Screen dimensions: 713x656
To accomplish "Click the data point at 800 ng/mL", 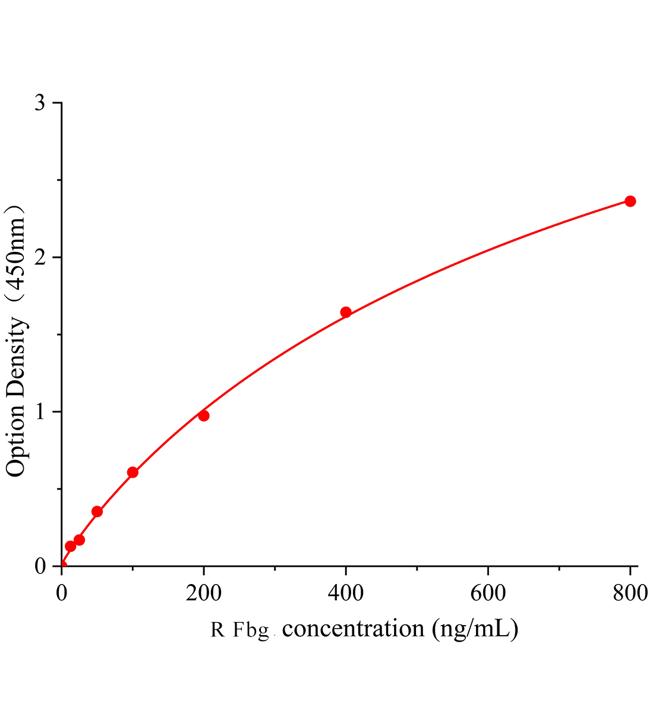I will click(x=630, y=201).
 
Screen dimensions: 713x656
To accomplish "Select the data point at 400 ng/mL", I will click(x=346, y=313).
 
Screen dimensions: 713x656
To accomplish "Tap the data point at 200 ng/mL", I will click(x=204, y=415).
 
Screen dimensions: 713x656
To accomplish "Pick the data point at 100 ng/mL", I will click(x=133, y=472).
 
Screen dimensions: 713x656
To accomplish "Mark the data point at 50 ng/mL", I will click(x=97, y=512).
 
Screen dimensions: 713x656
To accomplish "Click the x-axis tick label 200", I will click(x=203, y=593).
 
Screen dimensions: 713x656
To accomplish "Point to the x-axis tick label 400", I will click(x=346, y=593).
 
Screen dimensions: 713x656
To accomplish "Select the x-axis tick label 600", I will click(x=488, y=593).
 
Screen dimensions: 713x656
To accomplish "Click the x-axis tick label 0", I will click(x=62, y=593).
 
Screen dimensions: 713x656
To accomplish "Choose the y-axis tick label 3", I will click(x=40, y=103).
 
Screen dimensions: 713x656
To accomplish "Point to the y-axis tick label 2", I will click(x=40, y=258).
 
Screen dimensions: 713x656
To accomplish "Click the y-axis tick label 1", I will click(x=40, y=412).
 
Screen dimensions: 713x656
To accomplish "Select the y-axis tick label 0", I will click(x=40, y=566).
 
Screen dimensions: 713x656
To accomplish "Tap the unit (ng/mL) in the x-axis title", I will click(x=475, y=629).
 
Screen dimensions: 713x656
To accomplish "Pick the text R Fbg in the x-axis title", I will click(x=241, y=630).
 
